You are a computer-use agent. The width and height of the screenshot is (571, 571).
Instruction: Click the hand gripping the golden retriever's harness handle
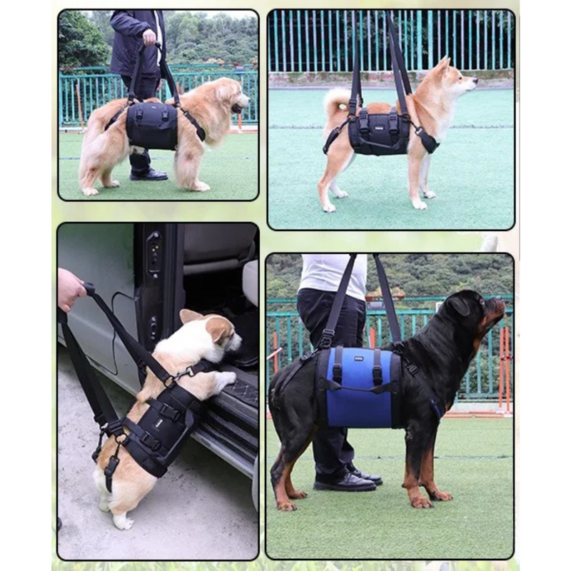pos(149,36)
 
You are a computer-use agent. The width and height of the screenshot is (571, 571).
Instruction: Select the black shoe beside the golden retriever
pos(148,174)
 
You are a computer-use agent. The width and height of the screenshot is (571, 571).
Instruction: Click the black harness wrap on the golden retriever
pos(152,126)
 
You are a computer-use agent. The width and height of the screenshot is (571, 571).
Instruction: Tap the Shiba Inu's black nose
pos(475,81)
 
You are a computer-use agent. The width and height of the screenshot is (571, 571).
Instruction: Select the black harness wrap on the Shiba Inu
pos(379,134)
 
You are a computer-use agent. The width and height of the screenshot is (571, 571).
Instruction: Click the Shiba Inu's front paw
pos(419,205)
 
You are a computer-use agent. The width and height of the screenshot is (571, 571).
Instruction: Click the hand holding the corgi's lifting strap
pos(70,288)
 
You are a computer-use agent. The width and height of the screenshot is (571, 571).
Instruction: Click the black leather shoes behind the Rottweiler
pos(346,482)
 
